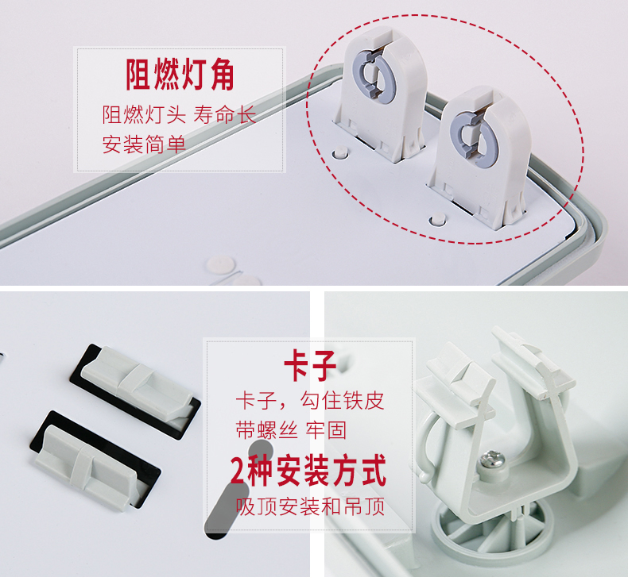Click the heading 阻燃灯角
(x=180, y=75)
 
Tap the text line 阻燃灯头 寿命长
(x=179, y=115)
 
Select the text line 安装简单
(x=144, y=144)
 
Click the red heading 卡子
(x=309, y=365)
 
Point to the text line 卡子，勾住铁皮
(x=310, y=401)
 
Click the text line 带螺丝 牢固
(x=291, y=430)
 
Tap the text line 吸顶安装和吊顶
(x=310, y=506)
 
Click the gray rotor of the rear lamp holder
(x=374, y=76)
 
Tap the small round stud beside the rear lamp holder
(x=340, y=152)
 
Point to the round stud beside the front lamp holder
(x=437, y=220)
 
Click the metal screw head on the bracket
(x=492, y=458)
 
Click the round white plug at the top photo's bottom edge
(x=220, y=265)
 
